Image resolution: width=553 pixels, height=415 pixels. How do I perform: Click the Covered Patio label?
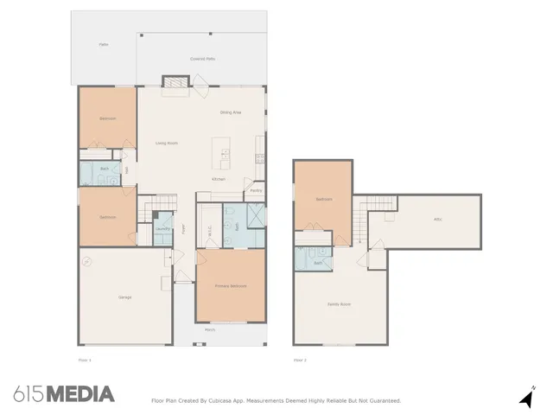click(x=203, y=59)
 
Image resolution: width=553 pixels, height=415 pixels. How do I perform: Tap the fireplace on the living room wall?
click(x=175, y=81)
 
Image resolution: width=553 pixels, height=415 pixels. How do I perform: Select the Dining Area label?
click(x=230, y=112)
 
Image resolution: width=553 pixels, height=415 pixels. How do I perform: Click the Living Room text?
click(x=167, y=143)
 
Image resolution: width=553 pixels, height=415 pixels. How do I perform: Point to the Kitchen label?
click(x=219, y=179)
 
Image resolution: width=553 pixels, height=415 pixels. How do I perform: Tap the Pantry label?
click(x=256, y=190)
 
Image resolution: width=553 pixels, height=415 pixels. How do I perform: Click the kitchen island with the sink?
click(x=225, y=153)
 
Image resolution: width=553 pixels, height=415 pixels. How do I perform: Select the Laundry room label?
click(x=162, y=229)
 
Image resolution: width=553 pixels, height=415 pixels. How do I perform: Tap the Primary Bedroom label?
click(x=231, y=285)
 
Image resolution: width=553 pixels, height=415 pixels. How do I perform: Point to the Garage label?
click(x=124, y=297)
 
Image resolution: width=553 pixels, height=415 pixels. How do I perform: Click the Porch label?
click(x=210, y=330)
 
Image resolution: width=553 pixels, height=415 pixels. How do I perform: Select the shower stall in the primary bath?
click(x=257, y=215)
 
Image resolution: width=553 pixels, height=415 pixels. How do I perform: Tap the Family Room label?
click(x=339, y=304)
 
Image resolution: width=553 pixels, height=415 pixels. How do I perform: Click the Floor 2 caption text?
click(x=300, y=359)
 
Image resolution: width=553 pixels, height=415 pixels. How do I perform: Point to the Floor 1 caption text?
click(x=84, y=359)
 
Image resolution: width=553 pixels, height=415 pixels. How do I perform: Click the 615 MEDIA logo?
click(x=64, y=394)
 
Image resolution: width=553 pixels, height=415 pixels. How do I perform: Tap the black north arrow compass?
click(x=525, y=399)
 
